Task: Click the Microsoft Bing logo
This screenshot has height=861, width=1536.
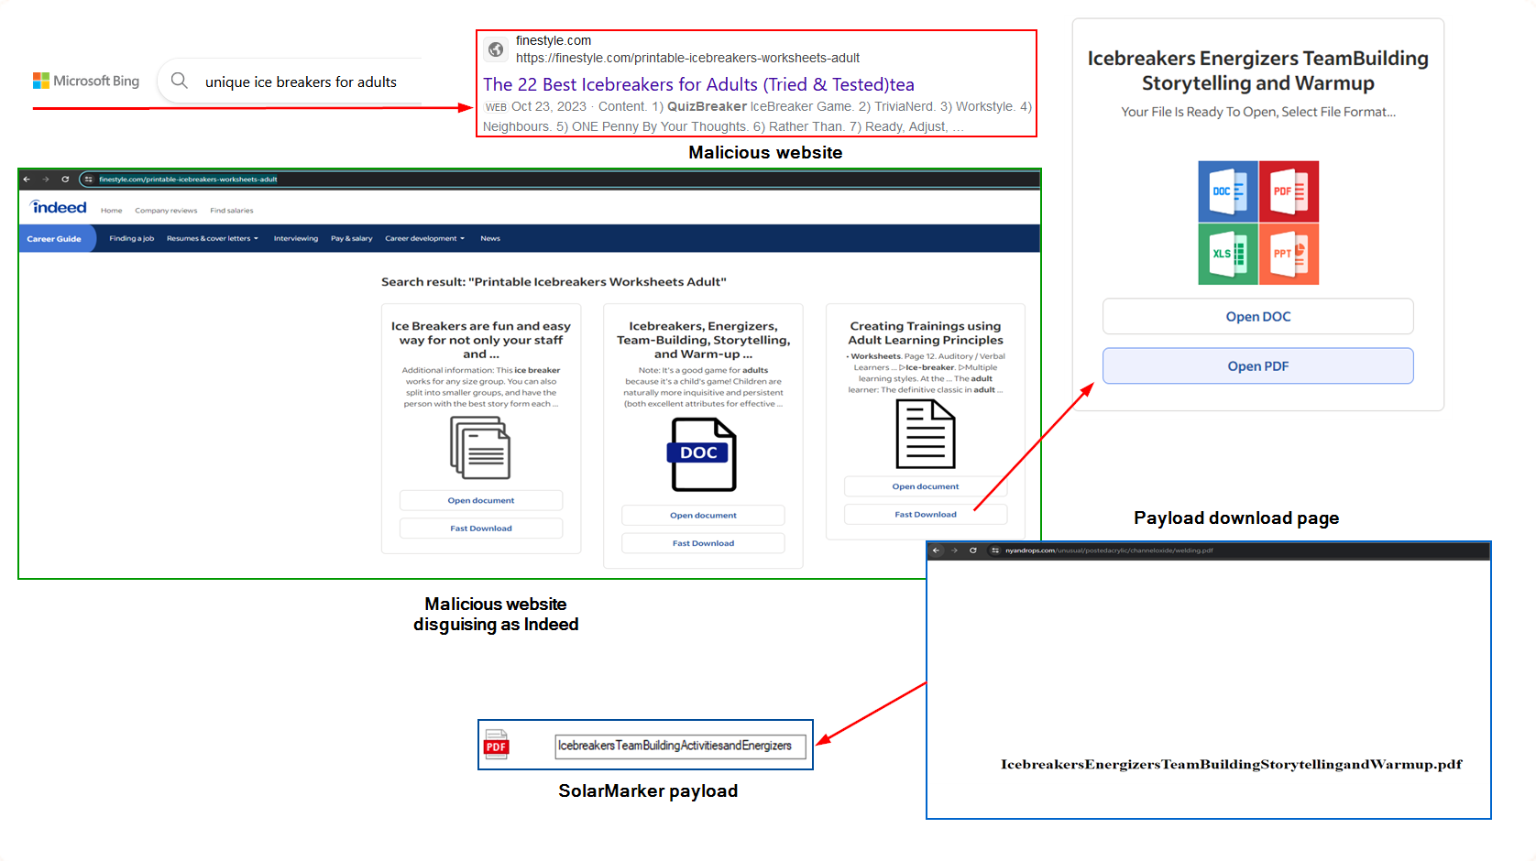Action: pos(86,82)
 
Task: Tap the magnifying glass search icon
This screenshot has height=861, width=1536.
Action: pos(180,82)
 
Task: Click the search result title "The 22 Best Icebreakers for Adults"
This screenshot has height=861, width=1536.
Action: pos(698,85)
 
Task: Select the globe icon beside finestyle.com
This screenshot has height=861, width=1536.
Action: pos(496,49)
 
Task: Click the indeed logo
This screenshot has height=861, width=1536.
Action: pos(59,208)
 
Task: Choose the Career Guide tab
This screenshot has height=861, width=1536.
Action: pos(54,239)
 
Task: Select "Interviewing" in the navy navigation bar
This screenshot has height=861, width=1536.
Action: pos(295,239)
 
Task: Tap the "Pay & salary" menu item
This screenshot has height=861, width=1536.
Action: pos(351,239)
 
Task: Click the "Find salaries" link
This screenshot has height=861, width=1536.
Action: pos(231,211)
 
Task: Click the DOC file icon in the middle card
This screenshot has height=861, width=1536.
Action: pos(703,454)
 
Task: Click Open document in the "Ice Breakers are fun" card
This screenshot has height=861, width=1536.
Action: pos(480,501)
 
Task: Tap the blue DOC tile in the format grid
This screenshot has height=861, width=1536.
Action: pos(1227,191)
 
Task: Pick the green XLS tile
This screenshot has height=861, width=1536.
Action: pos(1227,254)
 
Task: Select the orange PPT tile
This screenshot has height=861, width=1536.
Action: pos(1289,254)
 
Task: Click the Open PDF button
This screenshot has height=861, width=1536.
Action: pos(1257,366)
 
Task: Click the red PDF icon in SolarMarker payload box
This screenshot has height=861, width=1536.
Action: pos(497,746)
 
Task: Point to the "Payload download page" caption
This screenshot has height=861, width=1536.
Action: pos(1235,518)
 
